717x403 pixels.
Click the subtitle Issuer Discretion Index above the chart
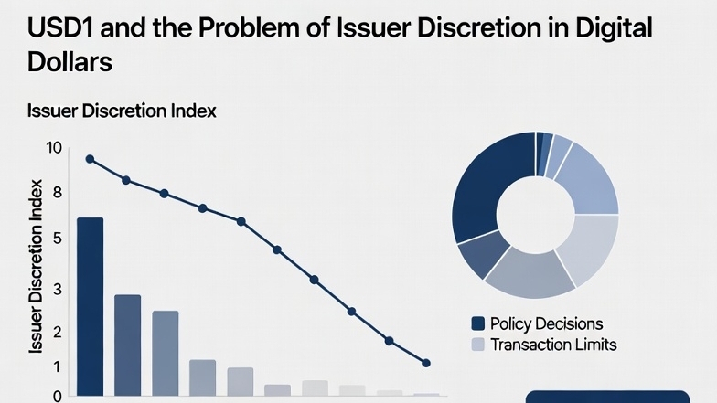coord(121,111)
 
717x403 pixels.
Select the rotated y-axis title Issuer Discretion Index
coord(37,270)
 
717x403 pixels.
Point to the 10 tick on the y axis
coord(54,149)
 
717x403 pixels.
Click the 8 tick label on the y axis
coord(57,193)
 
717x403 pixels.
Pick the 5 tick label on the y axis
coord(57,239)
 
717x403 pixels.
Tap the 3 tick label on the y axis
coord(57,290)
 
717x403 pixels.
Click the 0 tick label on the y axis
coord(57,397)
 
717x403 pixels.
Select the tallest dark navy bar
coord(90,306)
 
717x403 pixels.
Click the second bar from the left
coord(127,345)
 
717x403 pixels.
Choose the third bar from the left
coord(166,353)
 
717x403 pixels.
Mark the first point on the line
coord(90,159)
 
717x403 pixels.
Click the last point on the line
coord(426,363)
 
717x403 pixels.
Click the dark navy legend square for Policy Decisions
coord(476,323)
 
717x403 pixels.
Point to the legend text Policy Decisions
coord(546,323)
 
